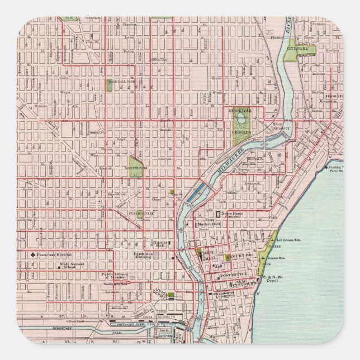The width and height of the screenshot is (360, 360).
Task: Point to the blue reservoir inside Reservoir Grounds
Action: pyautogui.click(x=241, y=119)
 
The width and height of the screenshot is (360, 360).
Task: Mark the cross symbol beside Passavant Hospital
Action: pyautogui.click(x=34, y=254)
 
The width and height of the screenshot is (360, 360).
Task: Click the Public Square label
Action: pyautogui.click(x=140, y=213)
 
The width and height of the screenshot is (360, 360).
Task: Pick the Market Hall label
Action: pyautogui.click(x=209, y=224)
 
